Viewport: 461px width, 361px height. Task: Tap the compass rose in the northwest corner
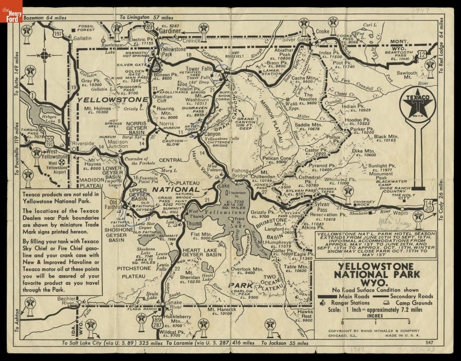pyautogui.click(x=45, y=56)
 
